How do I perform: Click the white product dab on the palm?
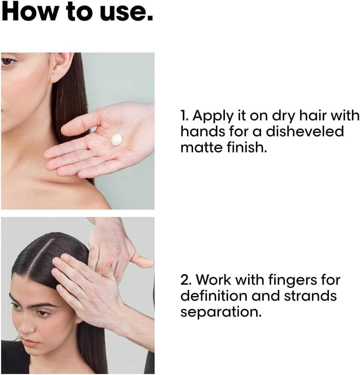point(116,139)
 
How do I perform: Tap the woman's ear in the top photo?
point(63,67)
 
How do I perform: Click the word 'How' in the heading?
point(28,12)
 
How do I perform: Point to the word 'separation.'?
point(220,312)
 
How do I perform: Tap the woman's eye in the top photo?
point(8,62)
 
